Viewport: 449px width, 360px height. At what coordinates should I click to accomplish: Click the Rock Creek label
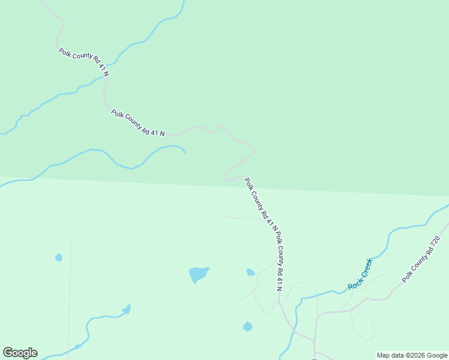pos(360,274)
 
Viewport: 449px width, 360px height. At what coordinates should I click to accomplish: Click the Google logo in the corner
pos(20,353)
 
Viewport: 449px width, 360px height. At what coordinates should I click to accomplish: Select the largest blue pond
pos(199,274)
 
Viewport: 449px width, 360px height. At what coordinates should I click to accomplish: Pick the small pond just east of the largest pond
pos(250,272)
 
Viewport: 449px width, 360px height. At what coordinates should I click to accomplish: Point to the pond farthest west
pos(58,257)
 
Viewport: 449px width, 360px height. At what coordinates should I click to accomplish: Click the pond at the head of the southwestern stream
pos(127,310)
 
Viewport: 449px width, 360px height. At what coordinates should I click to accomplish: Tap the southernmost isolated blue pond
pos(247,326)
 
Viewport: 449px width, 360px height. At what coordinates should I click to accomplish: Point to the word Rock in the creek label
pos(354,284)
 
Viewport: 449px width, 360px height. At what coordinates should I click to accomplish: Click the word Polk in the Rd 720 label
pos(407,277)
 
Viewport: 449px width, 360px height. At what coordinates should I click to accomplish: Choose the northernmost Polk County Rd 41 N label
pos(83,62)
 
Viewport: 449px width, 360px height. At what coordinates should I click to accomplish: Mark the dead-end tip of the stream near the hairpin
pos(185,152)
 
